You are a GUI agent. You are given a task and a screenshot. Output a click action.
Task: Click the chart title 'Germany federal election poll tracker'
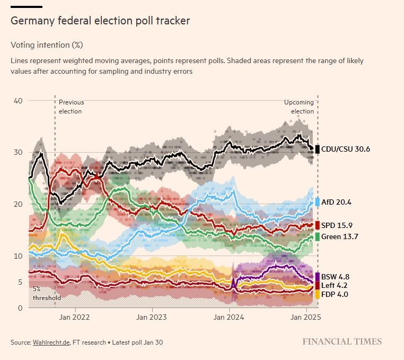tap(100, 21)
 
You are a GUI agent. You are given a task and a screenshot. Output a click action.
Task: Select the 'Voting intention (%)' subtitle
tap(47, 45)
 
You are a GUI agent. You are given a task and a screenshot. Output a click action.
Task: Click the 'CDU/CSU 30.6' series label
tap(346, 150)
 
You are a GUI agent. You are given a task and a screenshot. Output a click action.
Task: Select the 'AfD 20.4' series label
tap(336, 202)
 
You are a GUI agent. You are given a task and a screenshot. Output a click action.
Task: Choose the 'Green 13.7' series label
tap(339, 236)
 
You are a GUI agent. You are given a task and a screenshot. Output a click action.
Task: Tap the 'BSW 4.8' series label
tap(335, 277)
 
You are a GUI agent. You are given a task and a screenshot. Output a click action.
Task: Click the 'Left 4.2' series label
tap(335, 285)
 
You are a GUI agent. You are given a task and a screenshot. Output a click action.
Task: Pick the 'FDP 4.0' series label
tap(335, 294)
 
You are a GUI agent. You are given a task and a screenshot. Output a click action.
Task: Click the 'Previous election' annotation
tap(71, 107)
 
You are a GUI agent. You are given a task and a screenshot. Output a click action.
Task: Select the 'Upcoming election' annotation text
tap(299, 107)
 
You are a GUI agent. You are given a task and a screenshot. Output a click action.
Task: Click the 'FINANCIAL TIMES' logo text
tap(342, 341)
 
